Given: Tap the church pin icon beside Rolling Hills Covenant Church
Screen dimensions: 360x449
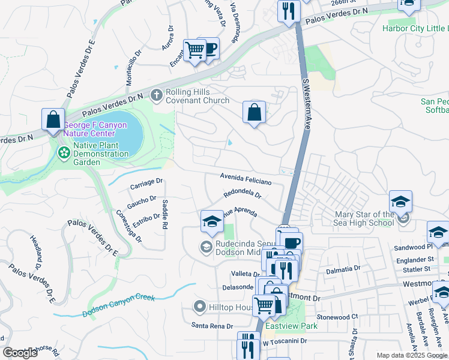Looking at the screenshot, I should (156, 95).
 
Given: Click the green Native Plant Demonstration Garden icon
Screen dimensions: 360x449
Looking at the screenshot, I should (64, 154).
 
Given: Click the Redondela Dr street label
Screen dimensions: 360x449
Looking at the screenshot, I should (243, 194).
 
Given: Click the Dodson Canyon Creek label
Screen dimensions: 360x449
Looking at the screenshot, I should (119, 305).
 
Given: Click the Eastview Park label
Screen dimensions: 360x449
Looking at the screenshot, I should (291, 326).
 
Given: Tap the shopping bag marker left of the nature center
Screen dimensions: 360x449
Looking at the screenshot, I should (53, 118).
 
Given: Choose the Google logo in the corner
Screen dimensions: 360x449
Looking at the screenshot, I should (20, 352).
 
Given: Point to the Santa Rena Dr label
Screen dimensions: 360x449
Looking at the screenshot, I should (212, 326).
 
